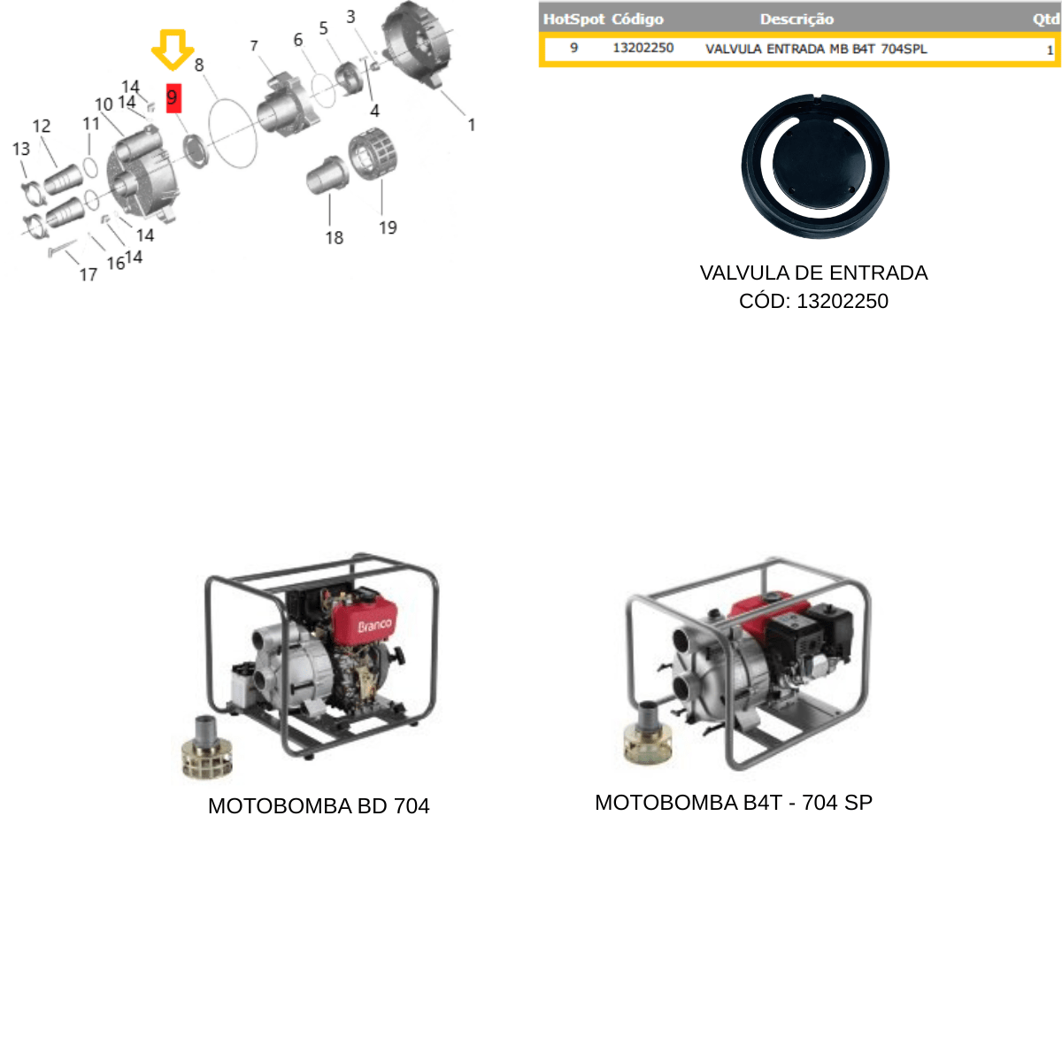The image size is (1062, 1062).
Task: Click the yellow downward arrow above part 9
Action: tap(173, 50)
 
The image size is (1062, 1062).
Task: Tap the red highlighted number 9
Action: tap(173, 98)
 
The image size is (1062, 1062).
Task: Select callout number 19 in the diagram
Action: tap(388, 227)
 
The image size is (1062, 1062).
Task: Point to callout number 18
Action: tap(334, 237)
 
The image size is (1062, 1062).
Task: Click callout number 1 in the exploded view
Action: tap(471, 125)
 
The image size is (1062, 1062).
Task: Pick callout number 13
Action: tap(21, 149)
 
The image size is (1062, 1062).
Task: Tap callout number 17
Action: tap(88, 273)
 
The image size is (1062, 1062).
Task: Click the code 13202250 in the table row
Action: tap(643, 48)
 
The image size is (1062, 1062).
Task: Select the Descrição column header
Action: tap(796, 19)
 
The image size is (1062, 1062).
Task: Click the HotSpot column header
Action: tap(573, 19)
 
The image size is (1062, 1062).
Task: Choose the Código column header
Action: tap(637, 19)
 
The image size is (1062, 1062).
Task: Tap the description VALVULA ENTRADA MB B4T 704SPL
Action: tap(816, 49)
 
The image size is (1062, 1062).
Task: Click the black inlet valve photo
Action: tap(815, 165)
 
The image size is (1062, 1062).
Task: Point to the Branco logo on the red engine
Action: tap(374, 626)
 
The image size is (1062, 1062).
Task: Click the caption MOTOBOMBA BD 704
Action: tap(319, 805)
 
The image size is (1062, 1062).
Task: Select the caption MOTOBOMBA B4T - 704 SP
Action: tap(734, 803)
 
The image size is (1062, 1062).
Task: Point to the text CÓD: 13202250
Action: tap(813, 301)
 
